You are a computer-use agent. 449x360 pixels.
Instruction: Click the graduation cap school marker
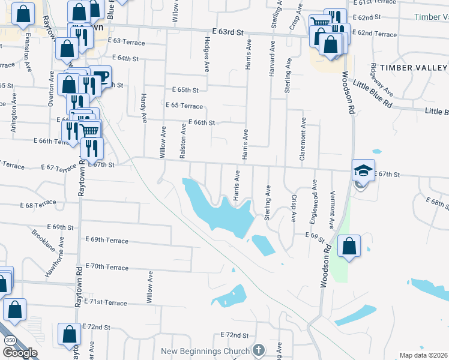pos(363,170)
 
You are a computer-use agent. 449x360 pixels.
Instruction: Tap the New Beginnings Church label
pos(205,351)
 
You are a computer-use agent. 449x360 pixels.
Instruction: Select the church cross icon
pos(259,350)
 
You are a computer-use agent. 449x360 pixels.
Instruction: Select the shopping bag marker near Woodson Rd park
pos(349,247)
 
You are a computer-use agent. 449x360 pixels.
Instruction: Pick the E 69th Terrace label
pos(107,240)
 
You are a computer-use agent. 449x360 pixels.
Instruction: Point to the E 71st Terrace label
pos(106,302)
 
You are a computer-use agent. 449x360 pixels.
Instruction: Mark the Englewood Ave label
pos(313,201)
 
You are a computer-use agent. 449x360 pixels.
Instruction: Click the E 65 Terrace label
pos(184,105)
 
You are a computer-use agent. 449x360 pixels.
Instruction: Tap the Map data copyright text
pos(423,355)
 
